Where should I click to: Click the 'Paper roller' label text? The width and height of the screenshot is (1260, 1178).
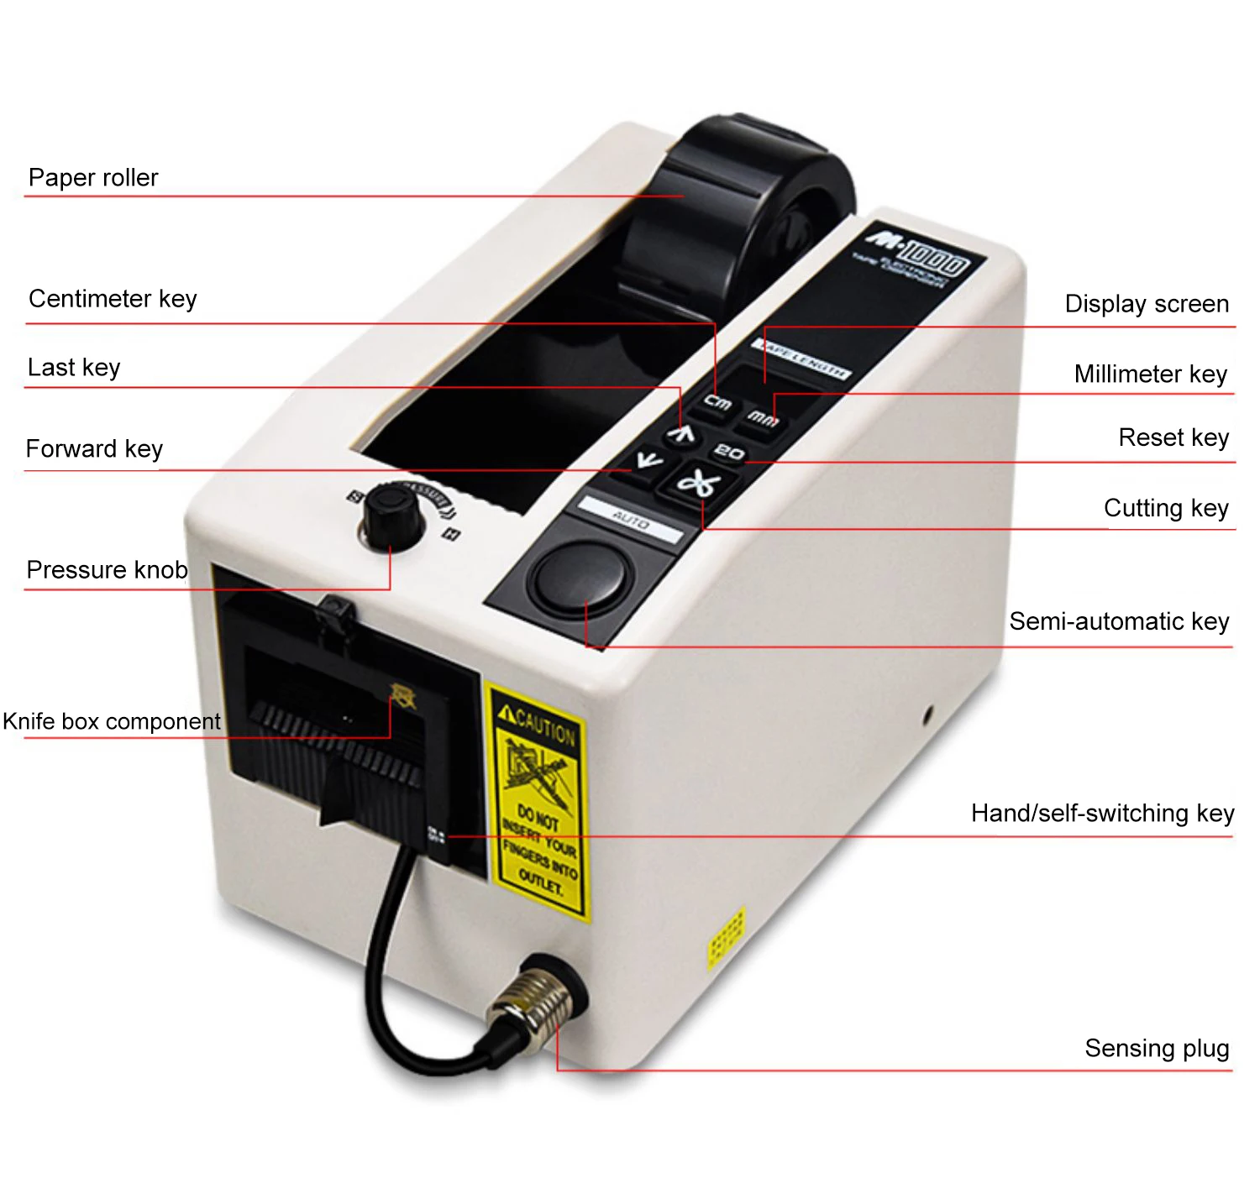[93, 178]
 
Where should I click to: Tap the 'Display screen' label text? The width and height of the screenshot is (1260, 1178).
[1146, 304]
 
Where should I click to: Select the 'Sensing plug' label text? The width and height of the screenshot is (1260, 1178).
[1156, 1049]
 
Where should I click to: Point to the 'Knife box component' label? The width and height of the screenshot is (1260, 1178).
[111, 721]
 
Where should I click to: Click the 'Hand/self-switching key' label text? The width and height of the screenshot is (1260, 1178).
[1102, 814]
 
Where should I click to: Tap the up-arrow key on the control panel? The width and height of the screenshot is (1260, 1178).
[682, 433]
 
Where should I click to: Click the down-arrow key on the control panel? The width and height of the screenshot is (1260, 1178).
[648, 460]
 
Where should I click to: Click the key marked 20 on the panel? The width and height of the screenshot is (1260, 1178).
[729, 453]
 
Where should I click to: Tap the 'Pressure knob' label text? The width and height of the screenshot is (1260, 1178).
[107, 570]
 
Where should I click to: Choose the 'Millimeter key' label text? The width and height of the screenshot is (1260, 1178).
[1150, 374]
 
